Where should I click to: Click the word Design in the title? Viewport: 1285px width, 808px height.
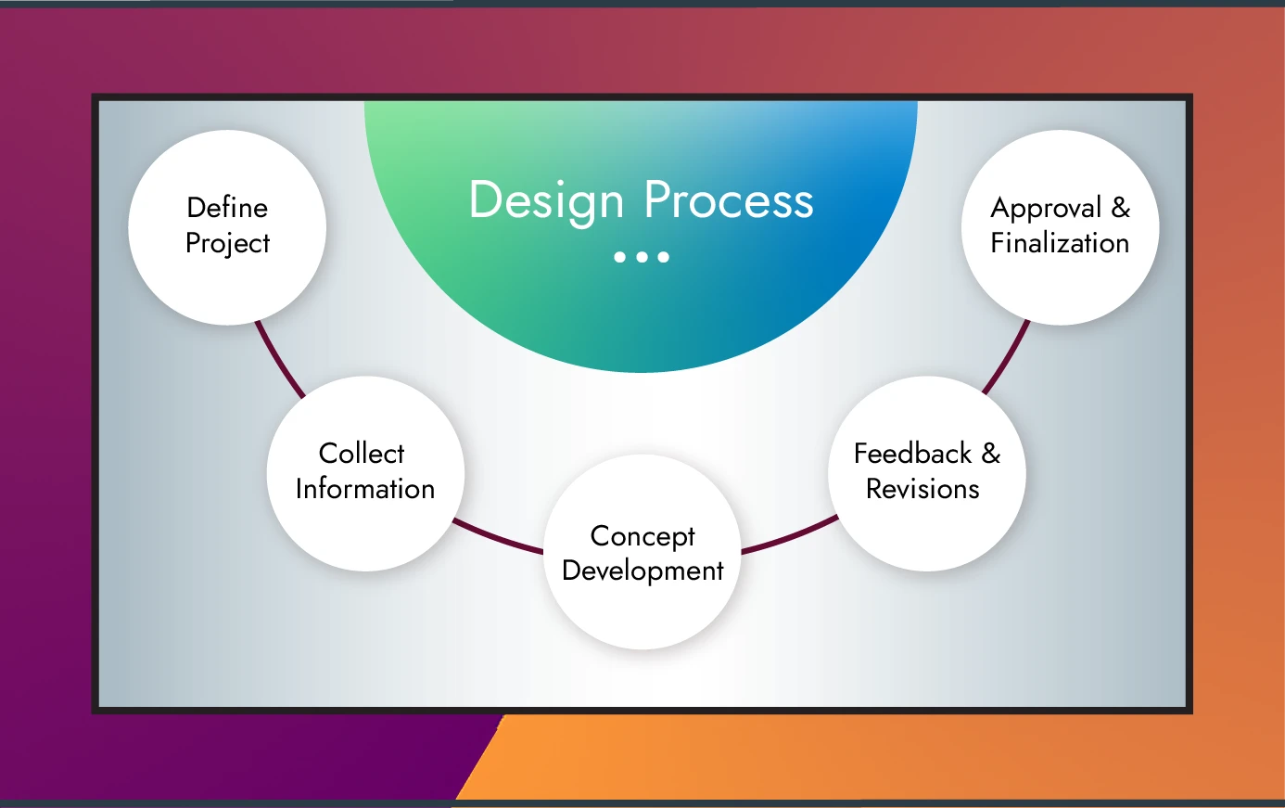click(x=546, y=201)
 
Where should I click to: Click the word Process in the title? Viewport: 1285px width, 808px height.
click(x=729, y=200)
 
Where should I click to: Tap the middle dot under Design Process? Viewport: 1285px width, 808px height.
click(x=642, y=257)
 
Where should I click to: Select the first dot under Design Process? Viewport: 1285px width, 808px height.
click(x=619, y=257)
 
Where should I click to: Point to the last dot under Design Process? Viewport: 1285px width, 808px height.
click(x=664, y=257)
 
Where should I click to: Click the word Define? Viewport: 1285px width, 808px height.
click(x=227, y=207)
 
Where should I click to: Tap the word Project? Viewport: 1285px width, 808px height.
click(x=227, y=243)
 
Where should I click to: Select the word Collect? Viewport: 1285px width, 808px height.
click(x=362, y=453)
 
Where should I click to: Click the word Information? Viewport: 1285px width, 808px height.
click(x=365, y=488)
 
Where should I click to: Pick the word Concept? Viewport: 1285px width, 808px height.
click(x=642, y=536)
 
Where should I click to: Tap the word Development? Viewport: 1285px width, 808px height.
click(x=642, y=571)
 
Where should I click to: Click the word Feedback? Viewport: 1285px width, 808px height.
click(x=912, y=453)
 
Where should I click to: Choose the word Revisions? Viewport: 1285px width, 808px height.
click(x=922, y=488)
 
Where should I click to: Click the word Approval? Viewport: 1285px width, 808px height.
click(x=1046, y=208)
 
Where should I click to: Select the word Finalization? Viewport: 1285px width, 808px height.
click(x=1060, y=243)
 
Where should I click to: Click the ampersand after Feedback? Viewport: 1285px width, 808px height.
click(x=991, y=453)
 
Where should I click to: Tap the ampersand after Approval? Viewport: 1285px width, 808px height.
click(x=1121, y=207)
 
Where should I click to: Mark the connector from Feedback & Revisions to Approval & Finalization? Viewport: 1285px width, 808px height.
click(x=1007, y=358)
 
